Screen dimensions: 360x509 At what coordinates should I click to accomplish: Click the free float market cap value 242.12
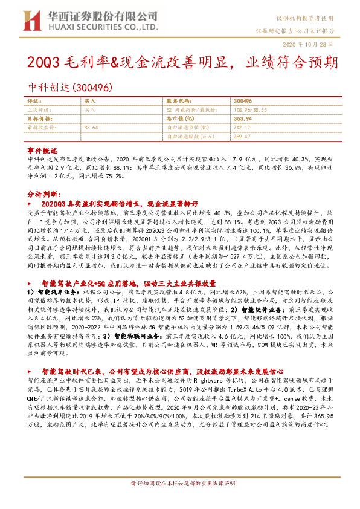pyautogui.click(x=242, y=128)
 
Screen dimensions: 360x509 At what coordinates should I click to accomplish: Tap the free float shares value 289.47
pyautogui.click(x=242, y=137)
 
